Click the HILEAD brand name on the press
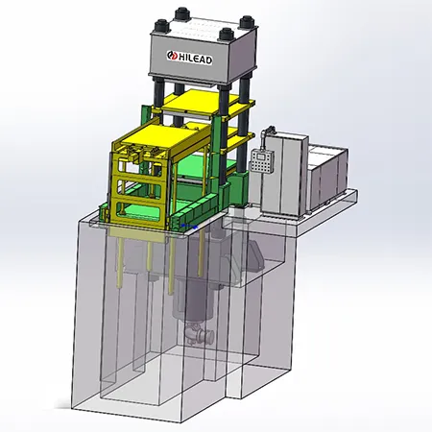[x=195, y=59]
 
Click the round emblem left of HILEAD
[x=172, y=56]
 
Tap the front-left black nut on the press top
[x=161, y=26]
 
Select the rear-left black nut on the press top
[x=182, y=14]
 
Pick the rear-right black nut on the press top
[x=247, y=22]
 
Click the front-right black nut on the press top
[x=227, y=35]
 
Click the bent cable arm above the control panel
[x=267, y=135]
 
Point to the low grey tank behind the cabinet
[x=328, y=178]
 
